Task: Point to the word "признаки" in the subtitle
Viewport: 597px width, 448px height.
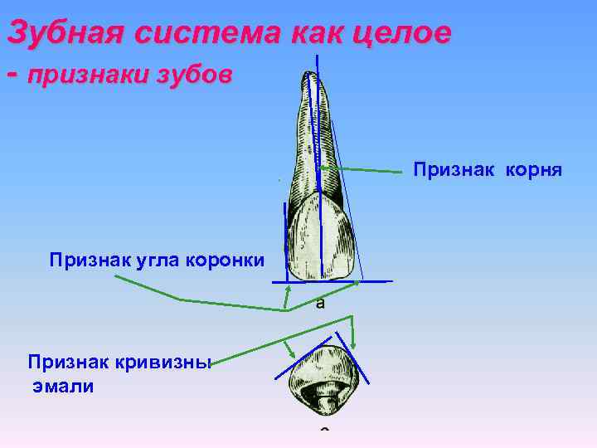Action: (85, 76)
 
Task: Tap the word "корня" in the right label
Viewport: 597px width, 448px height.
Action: (534, 171)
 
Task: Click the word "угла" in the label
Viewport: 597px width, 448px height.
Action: (144, 261)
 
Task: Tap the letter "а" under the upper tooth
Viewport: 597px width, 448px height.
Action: (320, 303)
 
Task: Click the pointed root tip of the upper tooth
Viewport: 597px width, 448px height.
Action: (311, 75)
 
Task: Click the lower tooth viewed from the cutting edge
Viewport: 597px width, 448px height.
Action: (323, 378)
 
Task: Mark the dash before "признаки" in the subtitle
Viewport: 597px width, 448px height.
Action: (12, 75)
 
